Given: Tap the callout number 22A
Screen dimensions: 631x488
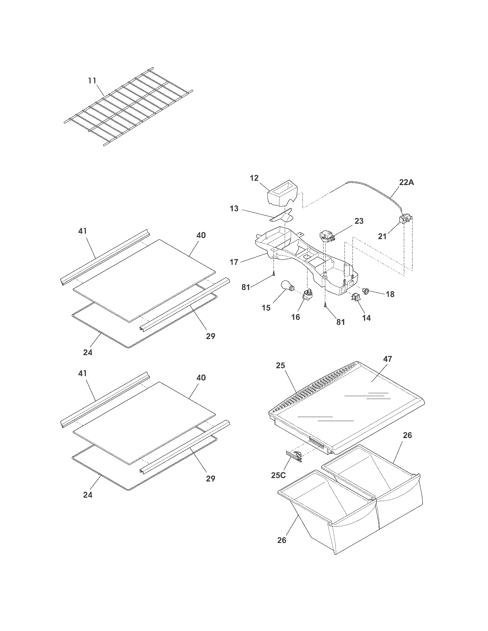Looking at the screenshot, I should click(x=407, y=182).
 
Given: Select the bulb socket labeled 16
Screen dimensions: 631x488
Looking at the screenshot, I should click(x=307, y=295).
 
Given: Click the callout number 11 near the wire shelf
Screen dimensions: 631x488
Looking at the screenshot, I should click(x=92, y=81).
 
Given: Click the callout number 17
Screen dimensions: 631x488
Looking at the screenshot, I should click(x=234, y=262).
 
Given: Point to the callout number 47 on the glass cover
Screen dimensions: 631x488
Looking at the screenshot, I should click(x=388, y=359).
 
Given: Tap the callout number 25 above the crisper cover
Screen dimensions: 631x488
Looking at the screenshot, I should click(x=280, y=365).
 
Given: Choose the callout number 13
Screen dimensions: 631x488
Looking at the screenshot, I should click(x=234, y=208).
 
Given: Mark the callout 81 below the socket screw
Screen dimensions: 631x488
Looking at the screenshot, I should click(x=340, y=322).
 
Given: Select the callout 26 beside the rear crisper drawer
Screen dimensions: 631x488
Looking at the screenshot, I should click(x=407, y=435).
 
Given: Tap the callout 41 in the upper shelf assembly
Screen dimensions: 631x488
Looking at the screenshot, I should click(x=82, y=231).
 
